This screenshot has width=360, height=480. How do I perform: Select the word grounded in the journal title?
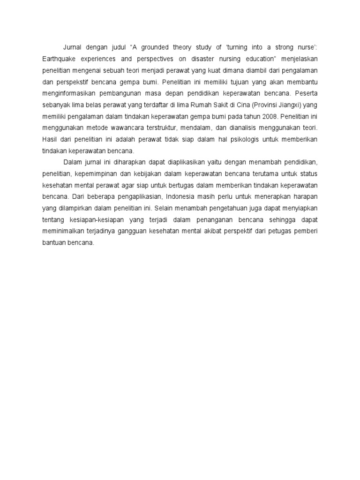(x=157, y=47)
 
